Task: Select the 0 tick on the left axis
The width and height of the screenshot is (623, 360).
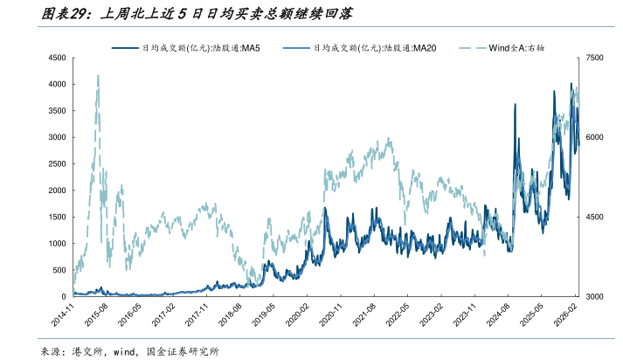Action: pos(63,297)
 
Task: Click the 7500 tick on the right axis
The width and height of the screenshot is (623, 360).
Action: pos(595,58)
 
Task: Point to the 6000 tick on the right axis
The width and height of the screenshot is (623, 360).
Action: pos(595,137)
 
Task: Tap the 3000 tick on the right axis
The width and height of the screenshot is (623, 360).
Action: pos(595,297)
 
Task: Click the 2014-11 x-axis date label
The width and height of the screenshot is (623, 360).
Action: pos(63,315)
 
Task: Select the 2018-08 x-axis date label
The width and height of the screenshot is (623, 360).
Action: pos(229,315)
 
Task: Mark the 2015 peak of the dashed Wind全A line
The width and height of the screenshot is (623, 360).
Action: pos(98,76)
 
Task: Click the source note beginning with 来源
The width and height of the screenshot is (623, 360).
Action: pos(130,351)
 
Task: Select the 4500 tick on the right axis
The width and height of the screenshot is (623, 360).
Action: pos(595,218)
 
